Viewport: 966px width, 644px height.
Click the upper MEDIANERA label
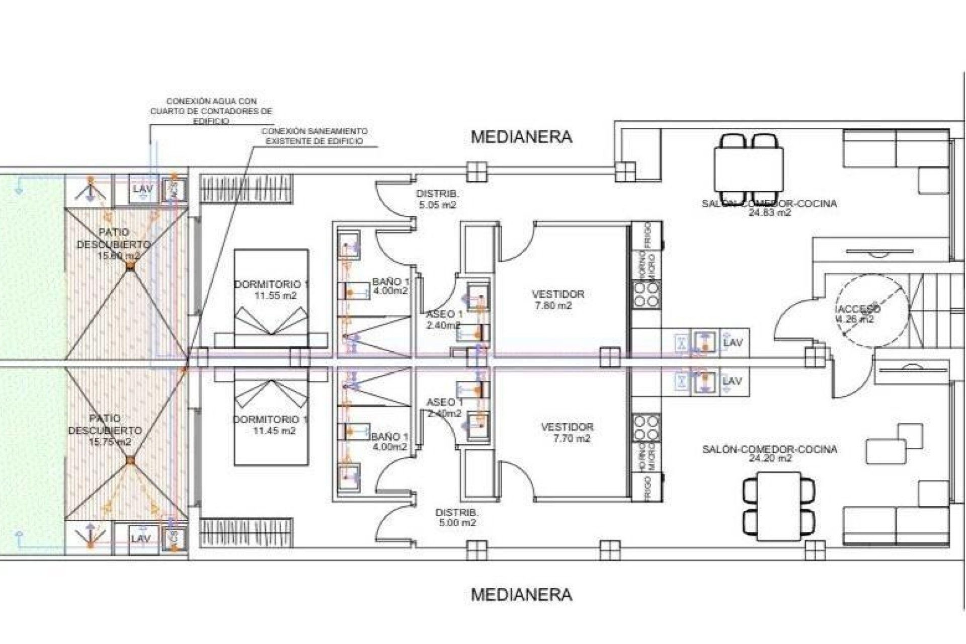(521, 137)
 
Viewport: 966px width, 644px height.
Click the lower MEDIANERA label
(521, 595)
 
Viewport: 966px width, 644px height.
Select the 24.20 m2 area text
(770, 458)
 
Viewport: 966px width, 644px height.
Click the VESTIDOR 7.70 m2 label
(567, 432)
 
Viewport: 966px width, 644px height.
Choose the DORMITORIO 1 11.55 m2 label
(272, 290)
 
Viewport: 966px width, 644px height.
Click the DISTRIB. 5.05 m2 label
(437, 199)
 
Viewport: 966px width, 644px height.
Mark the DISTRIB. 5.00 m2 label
(456, 517)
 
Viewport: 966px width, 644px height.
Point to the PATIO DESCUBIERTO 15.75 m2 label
(105, 430)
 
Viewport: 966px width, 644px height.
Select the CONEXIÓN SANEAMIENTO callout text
(314, 136)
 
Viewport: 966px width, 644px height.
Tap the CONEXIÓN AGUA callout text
(211, 111)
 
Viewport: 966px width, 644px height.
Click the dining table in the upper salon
(748, 169)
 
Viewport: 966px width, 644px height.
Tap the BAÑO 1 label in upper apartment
(390, 286)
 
